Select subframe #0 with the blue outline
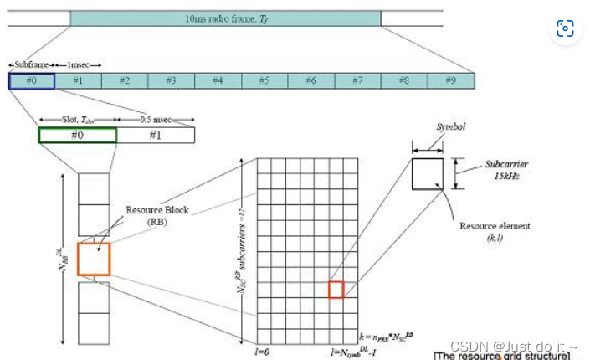click(x=31, y=80)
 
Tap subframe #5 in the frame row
click(x=264, y=80)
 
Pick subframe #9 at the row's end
click(x=450, y=80)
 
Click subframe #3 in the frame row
click(x=171, y=80)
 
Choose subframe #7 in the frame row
click(x=357, y=80)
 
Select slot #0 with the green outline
click(x=78, y=135)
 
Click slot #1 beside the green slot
click(x=156, y=135)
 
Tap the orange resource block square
click(x=93, y=259)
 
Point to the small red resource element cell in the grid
click(x=336, y=290)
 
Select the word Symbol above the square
click(x=450, y=128)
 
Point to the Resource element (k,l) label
click(x=495, y=232)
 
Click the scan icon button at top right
click(x=565, y=29)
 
